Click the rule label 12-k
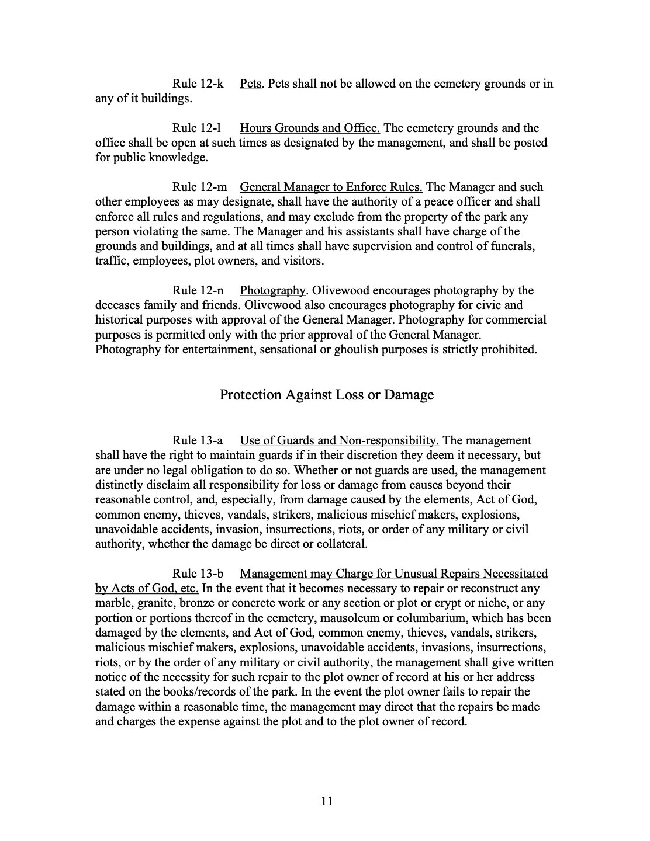198,84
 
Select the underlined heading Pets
250,84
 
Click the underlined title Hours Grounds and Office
310,128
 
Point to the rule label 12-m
199,187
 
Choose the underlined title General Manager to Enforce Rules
331,187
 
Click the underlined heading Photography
272,290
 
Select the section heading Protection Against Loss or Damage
326,395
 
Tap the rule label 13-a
198,440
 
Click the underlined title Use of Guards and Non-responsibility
339,440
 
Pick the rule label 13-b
198,574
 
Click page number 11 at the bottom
327,801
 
